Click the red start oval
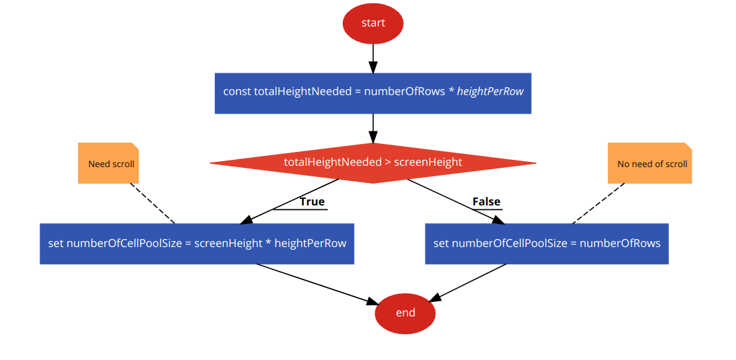(x=373, y=23)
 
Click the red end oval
(x=405, y=312)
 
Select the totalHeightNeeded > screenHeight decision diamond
(x=373, y=162)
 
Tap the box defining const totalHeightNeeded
(x=373, y=92)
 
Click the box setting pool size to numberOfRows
(x=546, y=243)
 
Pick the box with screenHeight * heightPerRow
(x=197, y=243)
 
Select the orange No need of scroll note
(x=649, y=163)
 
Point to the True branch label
(x=312, y=201)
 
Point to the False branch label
(x=486, y=201)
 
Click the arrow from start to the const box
(x=373, y=58)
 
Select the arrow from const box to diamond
(x=373, y=128)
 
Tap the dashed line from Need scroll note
(x=153, y=203)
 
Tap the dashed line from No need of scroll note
(x=598, y=203)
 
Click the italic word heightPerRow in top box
(x=490, y=92)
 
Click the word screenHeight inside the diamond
(x=427, y=162)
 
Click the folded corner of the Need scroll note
(x=134, y=146)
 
